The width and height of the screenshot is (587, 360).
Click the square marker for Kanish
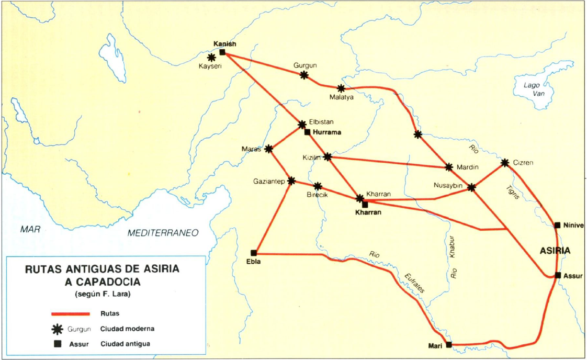click(222, 52)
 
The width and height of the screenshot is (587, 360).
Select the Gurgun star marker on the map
click(304, 75)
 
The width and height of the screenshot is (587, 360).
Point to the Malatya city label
click(342, 97)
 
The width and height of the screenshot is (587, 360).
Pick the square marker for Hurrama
click(308, 132)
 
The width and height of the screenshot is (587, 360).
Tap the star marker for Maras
click(269, 149)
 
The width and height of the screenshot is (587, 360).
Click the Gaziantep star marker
click(291, 181)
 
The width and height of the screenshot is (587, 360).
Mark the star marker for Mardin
click(448, 167)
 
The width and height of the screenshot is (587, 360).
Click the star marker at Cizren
click(505, 163)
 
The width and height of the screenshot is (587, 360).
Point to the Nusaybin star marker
click(471, 187)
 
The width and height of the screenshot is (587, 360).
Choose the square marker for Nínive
click(558, 225)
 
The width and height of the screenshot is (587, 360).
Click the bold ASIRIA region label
click(555, 251)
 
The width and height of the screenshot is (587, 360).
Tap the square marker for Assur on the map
click(558, 275)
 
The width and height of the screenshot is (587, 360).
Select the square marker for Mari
click(448, 344)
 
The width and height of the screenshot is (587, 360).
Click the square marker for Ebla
click(254, 253)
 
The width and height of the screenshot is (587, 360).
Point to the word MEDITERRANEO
click(163, 233)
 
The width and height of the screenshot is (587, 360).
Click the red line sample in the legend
click(70, 314)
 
